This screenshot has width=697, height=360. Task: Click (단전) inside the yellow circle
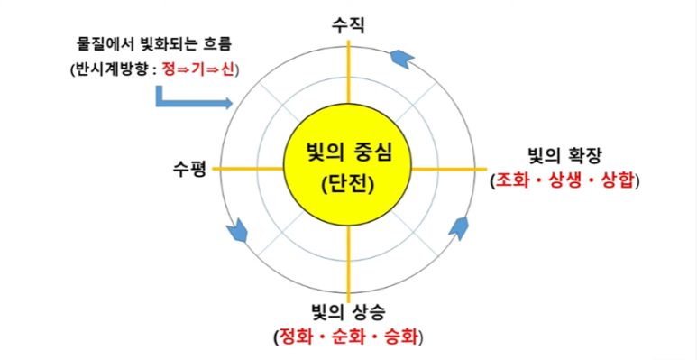(x=348, y=184)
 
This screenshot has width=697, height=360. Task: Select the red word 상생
(x=566, y=180)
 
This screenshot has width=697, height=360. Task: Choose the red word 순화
(x=348, y=338)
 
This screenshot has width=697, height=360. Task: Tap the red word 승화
(x=399, y=338)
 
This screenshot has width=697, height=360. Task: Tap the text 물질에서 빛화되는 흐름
(x=149, y=42)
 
